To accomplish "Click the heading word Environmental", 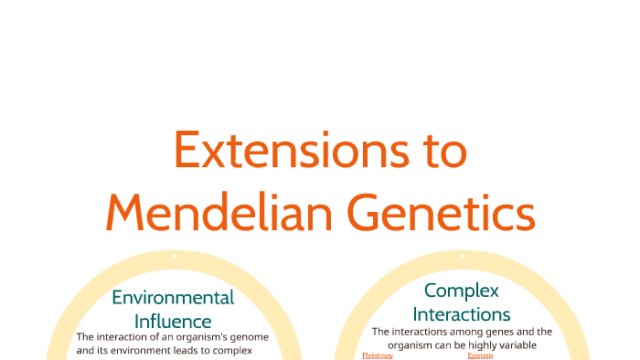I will pos(173,298).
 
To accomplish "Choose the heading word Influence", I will pos(173,321).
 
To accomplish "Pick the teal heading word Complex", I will pos(462,291).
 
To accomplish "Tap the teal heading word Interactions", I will pos(462,314).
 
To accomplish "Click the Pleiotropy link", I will pos(378,355).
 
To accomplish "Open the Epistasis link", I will pos(480,355).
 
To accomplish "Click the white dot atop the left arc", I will pos(174,256).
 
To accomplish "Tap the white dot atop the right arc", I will pos(462,256).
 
